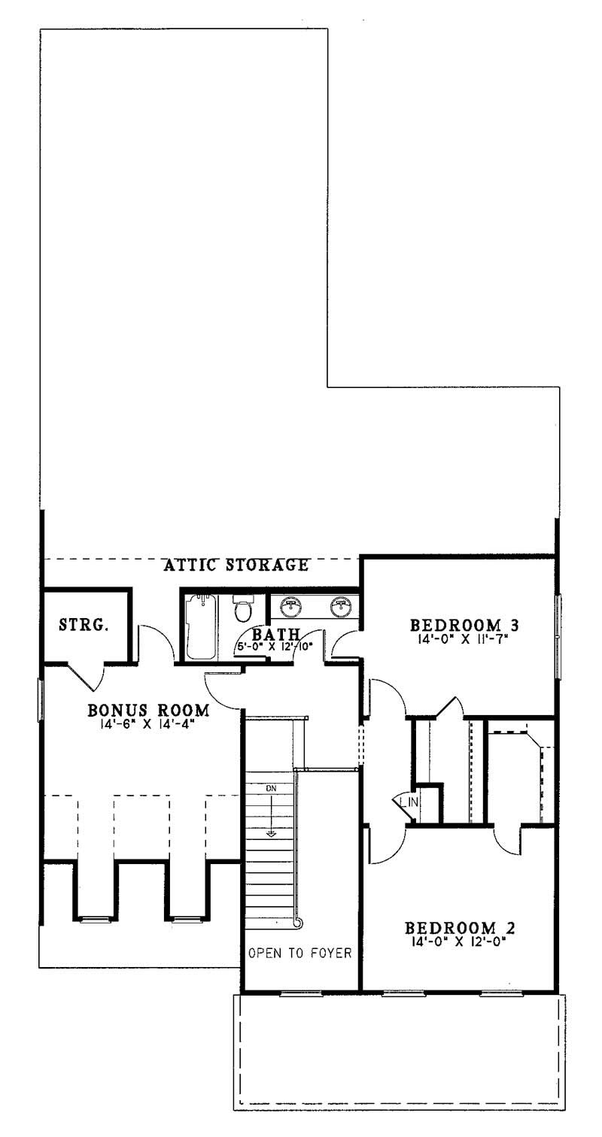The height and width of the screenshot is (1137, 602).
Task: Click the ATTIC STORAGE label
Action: (x=236, y=565)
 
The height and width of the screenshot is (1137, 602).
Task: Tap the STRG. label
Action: (x=84, y=625)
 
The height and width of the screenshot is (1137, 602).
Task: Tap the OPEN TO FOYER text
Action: (x=300, y=954)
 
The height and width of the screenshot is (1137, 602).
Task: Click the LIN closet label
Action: (x=410, y=802)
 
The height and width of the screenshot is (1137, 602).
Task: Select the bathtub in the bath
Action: (x=201, y=626)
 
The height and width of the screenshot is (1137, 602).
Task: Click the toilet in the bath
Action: (x=242, y=607)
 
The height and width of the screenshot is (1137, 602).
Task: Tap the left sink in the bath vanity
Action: (x=290, y=606)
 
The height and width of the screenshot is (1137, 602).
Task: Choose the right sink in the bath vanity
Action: (x=342, y=606)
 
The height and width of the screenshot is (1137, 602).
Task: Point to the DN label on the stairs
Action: (x=270, y=788)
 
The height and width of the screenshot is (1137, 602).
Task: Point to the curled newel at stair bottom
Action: (x=298, y=922)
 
